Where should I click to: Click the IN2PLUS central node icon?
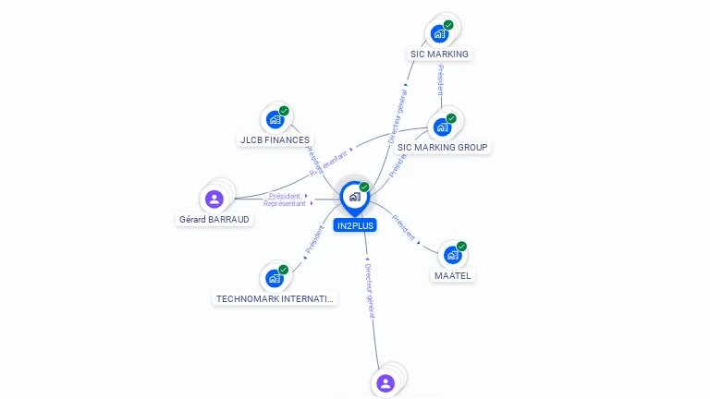coord(354,197)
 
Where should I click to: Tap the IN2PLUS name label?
coord(355,225)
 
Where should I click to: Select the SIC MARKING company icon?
coord(440,33)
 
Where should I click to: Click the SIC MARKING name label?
coord(440,54)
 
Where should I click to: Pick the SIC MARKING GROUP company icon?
coord(442,127)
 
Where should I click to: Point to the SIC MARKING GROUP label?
coord(443,148)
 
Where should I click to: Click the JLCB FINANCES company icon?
coord(275,119)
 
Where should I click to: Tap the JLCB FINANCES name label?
coord(275,140)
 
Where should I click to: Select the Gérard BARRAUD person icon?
coord(214,199)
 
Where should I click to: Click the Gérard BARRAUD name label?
coord(214,220)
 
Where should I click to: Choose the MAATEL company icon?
coord(452,255)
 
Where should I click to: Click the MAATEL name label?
coord(453,276)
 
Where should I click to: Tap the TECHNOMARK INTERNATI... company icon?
coord(274,278)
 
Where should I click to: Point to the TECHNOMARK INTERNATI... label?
coord(275,299)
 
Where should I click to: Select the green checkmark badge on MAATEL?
coord(461,247)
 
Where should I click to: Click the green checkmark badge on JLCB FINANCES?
coord(284,111)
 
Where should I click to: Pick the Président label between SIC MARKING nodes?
coord(440,79)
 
